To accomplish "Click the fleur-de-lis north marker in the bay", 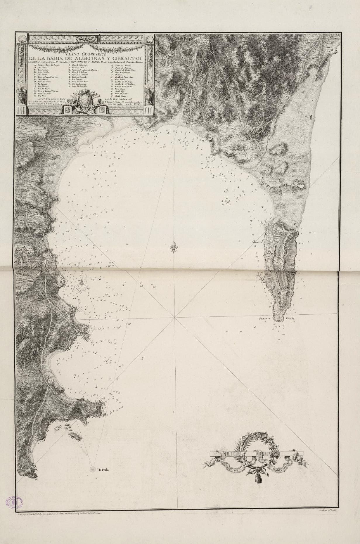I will [x=174, y=247].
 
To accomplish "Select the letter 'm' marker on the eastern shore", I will [x=306, y=118].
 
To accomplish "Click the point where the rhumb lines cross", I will [x=174, y=317].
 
